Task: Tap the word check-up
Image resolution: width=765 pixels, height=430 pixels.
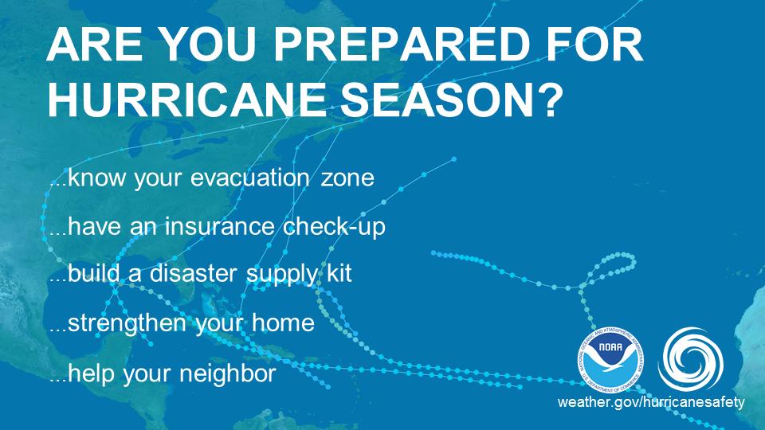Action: [335, 227]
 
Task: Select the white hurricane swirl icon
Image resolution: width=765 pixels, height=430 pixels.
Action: [690, 354]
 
